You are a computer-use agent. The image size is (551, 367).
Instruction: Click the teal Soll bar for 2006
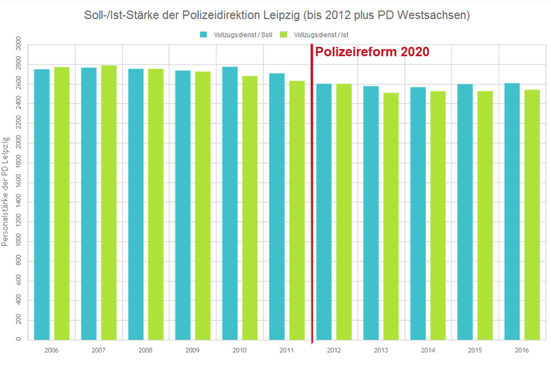pyautogui.click(x=42, y=204)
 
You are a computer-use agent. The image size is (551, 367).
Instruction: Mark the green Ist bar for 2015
pyautogui.click(x=485, y=215)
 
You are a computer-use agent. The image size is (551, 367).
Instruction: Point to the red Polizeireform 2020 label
pyautogui.click(x=371, y=52)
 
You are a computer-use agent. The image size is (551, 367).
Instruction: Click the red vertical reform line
pyautogui.click(x=312, y=193)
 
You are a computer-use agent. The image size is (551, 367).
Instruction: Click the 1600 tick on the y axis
pyautogui.click(x=19, y=182)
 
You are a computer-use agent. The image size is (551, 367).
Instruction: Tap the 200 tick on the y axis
pyautogui.click(x=19, y=320)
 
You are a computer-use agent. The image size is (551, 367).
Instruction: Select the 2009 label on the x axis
pyautogui.click(x=193, y=350)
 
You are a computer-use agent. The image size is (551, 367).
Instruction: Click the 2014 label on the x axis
pyautogui.click(x=428, y=350)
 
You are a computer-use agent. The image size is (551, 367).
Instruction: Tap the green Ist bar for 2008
pyautogui.click(x=156, y=204)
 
